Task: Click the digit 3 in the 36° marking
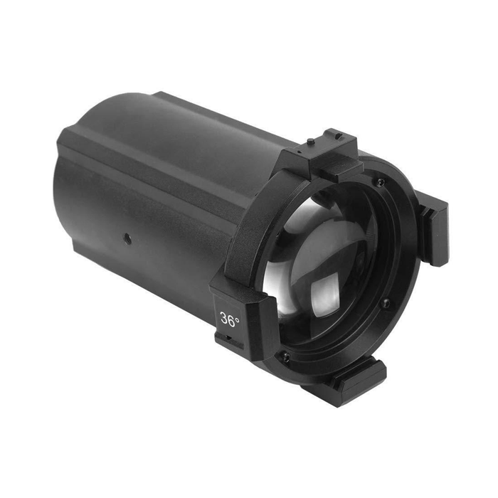225,319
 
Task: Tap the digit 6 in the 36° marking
232,321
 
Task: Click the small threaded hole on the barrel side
127,238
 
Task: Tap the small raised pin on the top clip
310,141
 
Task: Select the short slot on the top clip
339,137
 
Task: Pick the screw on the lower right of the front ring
386,303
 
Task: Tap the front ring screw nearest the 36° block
286,357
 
